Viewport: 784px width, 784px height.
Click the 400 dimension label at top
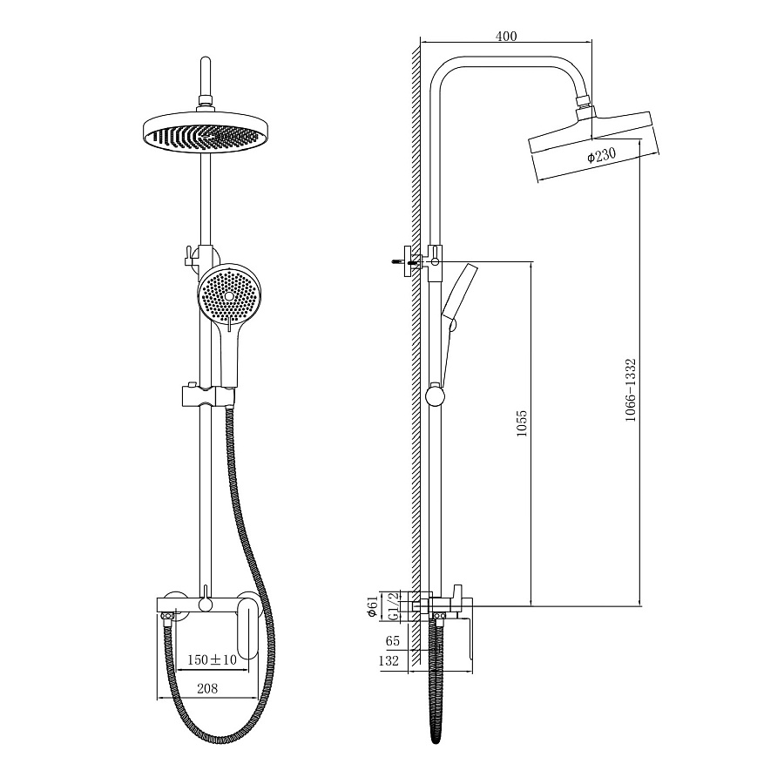coord(506,36)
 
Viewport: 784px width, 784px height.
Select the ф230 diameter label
coord(601,155)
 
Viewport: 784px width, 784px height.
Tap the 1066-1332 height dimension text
coord(631,390)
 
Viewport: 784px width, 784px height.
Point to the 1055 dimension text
coord(522,423)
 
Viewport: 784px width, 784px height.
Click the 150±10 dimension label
coord(212,659)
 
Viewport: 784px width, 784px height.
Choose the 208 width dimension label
coord(207,688)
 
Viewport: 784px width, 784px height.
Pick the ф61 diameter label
coord(373,606)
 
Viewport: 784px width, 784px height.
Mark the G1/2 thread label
coord(395,606)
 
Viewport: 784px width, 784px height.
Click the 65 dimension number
coord(393,640)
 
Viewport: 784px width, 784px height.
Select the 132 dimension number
coord(389,660)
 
